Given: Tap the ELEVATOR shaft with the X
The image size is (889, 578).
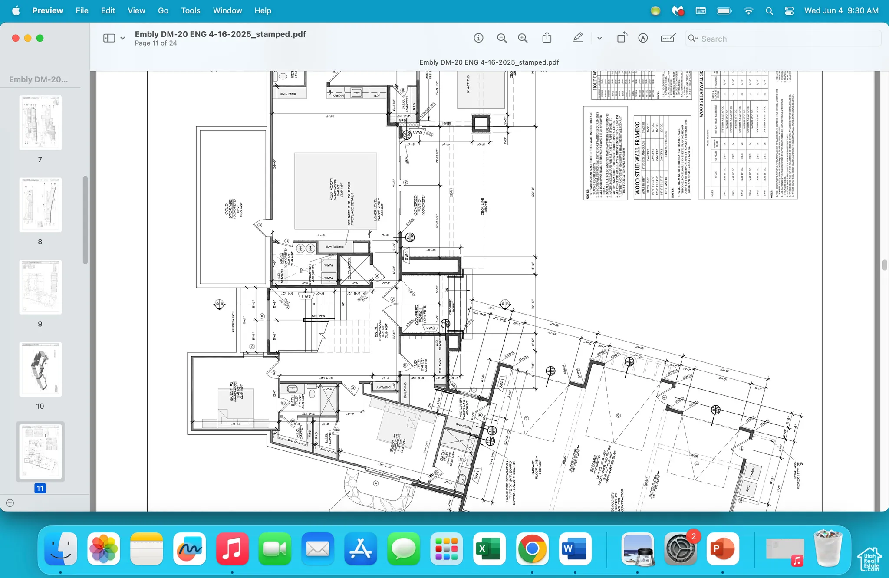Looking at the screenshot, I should coord(356,269).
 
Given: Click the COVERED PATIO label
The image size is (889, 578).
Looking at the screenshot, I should coord(418,205).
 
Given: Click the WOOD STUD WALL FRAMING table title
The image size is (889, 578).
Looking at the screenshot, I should coord(638,158).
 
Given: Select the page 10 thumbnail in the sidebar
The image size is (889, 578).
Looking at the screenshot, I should coord(40,369).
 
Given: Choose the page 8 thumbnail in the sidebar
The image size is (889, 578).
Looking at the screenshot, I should coord(40,205).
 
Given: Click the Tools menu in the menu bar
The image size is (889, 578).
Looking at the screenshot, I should coord(191,10).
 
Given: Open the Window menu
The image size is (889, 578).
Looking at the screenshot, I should coord(227,10).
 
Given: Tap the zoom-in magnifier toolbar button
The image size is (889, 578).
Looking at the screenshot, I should coord(523,38).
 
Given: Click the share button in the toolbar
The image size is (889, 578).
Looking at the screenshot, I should coord(547,38).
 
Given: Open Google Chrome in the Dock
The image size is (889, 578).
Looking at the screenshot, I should coord(532,549).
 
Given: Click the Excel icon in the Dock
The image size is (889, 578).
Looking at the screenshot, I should coord(489,549).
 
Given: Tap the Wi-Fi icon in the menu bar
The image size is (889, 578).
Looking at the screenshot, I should coord(748,11).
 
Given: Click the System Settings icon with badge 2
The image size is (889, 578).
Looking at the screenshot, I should coord(680,549).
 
